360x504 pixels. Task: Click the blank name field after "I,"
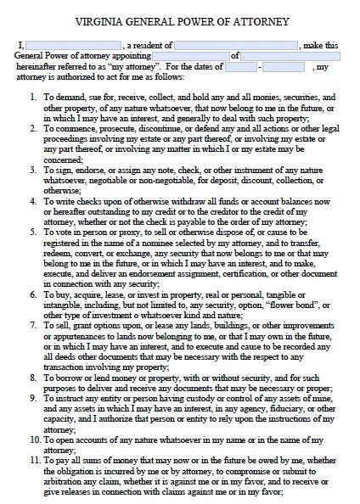tap(72, 44)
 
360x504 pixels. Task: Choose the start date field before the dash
tap(233, 66)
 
